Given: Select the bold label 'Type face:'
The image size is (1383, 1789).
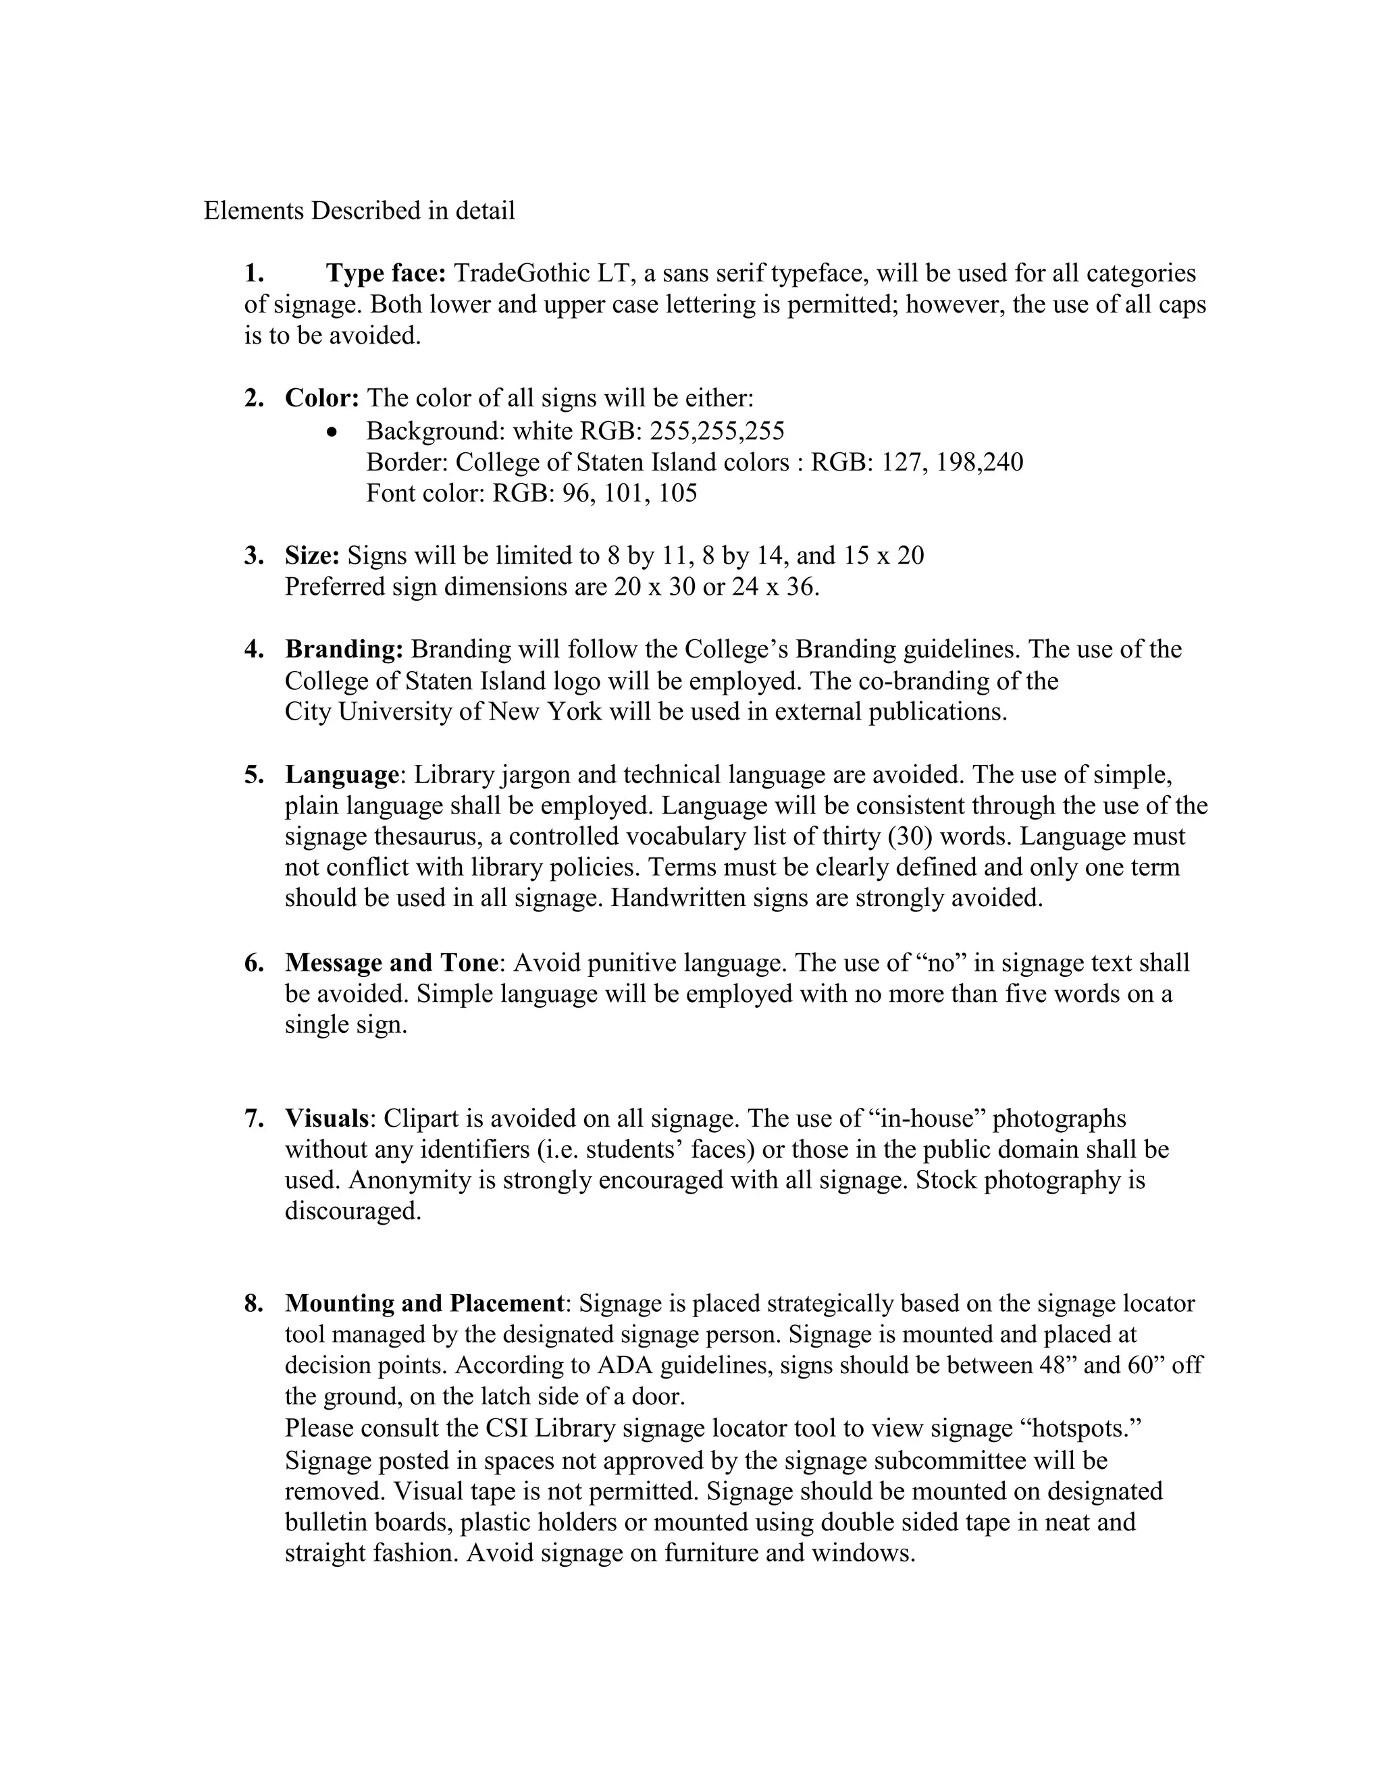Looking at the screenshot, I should (385, 273).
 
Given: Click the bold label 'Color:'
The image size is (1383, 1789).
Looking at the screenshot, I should (322, 398).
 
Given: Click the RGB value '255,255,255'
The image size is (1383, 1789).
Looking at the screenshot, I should (717, 430).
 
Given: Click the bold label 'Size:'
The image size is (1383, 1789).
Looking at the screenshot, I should (312, 556).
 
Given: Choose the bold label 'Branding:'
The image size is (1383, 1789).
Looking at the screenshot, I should (344, 649).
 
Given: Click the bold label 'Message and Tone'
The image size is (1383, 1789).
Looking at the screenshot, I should (391, 963).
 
